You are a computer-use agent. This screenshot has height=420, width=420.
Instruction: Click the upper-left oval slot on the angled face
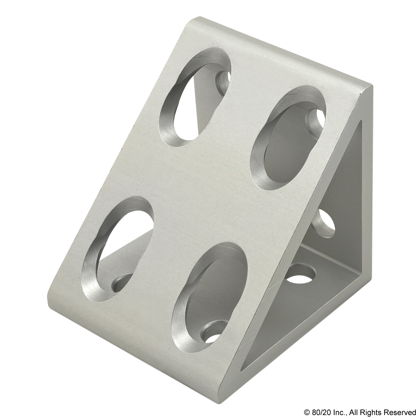(195, 97)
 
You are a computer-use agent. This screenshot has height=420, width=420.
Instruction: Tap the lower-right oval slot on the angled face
(210, 295)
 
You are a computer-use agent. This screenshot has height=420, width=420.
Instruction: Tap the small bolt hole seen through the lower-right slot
(213, 333)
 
